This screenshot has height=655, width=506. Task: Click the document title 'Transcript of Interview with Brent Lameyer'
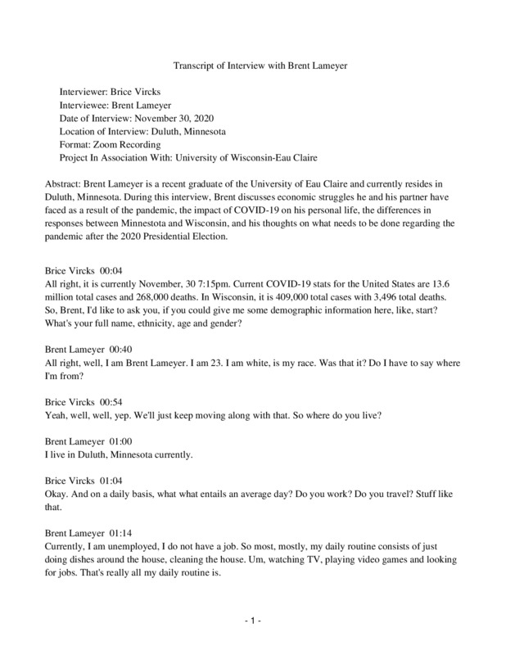click(x=252, y=68)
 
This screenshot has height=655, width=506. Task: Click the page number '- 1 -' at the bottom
click(x=252, y=621)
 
